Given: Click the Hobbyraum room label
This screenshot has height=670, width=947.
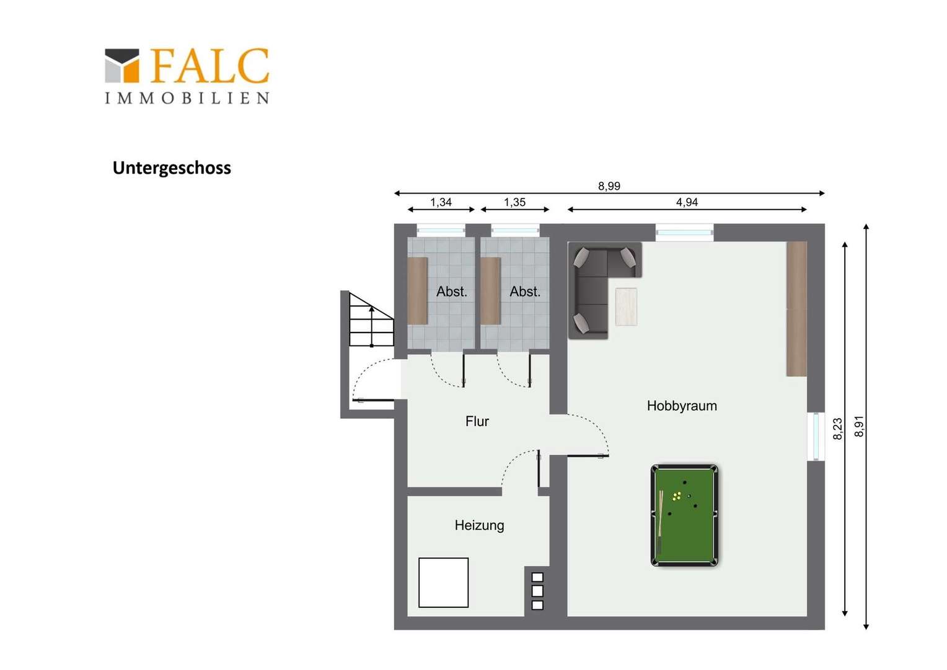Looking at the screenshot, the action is [x=682, y=406].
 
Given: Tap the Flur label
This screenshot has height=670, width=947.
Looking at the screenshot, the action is [x=477, y=421].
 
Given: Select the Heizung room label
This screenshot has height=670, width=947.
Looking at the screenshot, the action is [x=480, y=525].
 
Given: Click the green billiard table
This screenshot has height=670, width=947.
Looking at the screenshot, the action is [x=684, y=516].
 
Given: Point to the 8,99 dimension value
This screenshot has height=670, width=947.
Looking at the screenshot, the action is [x=609, y=186].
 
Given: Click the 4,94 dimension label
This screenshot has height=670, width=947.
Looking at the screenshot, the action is [x=687, y=202].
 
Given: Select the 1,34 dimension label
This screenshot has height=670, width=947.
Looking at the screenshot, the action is [x=441, y=202].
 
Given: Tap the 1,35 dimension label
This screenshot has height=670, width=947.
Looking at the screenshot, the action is [x=514, y=202].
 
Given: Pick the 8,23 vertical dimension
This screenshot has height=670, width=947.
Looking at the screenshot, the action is [x=837, y=429].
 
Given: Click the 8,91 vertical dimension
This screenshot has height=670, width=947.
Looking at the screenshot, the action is [x=859, y=426].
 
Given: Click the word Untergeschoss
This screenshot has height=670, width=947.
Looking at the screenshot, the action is [x=172, y=168].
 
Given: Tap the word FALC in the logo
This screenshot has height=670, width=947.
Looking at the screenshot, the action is [x=209, y=66].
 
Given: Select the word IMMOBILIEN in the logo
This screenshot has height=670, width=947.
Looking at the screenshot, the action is [x=187, y=98].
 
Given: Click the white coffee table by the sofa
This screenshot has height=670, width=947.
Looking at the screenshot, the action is [x=626, y=307].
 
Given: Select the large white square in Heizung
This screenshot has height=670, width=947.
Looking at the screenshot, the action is [x=444, y=583].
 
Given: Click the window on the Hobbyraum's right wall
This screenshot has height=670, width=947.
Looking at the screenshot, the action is [x=816, y=436].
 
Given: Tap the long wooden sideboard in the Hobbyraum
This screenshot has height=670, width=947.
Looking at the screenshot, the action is [x=796, y=308].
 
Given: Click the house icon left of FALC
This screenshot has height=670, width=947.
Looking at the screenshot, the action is [x=121, y=66].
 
